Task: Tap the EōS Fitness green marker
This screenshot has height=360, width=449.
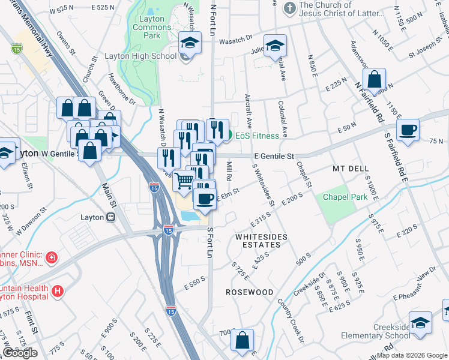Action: coord(228,136)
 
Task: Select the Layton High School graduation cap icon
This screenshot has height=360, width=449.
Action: coord(190,44)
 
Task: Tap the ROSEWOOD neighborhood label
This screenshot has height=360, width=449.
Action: coord(249,292)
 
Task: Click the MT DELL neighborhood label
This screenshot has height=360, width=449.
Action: coord(351,169)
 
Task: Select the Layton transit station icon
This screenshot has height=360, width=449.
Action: coord(110,218)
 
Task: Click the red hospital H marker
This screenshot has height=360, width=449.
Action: coord(58,292)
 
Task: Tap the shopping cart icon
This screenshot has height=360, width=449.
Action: coord(184,179)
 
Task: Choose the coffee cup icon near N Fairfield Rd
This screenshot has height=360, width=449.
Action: coord(408,130)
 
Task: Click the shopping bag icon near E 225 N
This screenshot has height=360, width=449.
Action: coord(374,79)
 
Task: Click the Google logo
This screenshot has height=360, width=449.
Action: coord(20,353)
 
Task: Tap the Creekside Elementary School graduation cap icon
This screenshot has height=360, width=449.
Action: coord(420,323)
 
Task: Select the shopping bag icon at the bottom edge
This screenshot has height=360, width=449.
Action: coord(242,340)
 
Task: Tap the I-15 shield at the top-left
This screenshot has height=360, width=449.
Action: coord(16,47)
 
